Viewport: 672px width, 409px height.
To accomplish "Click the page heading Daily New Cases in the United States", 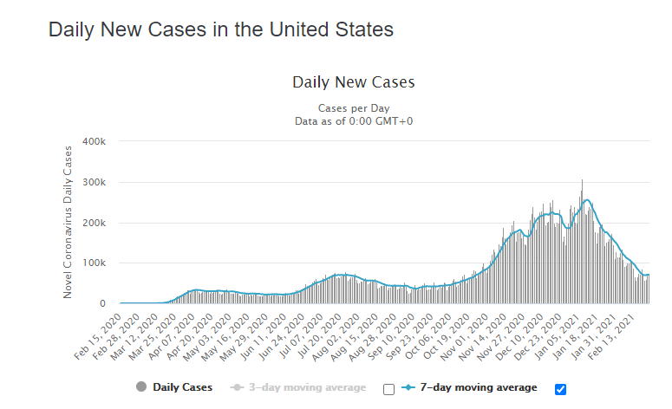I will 221,29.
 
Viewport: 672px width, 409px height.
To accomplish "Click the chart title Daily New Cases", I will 354,83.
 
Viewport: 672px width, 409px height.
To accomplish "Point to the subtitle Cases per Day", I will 354,108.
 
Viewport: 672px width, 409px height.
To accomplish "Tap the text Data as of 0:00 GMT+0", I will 354,120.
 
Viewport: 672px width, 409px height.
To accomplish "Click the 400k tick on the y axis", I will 93,141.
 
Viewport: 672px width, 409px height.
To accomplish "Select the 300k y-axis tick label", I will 93,182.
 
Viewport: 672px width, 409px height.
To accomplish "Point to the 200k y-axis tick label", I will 93,223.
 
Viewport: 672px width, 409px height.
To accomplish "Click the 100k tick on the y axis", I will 93,263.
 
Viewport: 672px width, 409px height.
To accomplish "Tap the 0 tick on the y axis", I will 102,303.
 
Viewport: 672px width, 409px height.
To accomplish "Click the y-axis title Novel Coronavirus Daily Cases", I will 69,222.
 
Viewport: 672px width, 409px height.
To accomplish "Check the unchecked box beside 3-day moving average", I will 388,388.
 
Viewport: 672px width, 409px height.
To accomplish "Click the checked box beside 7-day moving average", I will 560,388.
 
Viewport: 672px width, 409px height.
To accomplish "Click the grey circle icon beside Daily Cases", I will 142,387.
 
